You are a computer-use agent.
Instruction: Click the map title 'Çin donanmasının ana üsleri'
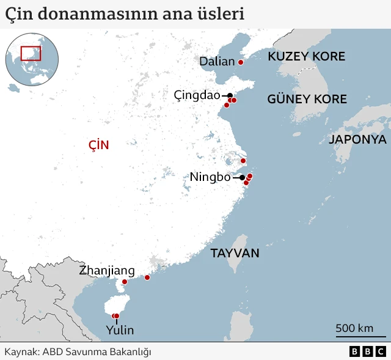click(x=125, y=13)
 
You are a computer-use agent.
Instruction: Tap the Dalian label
click(x=217, y=61)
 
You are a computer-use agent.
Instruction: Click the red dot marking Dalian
click(x=241, y=62)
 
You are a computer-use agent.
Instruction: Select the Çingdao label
click(x=197, y=95)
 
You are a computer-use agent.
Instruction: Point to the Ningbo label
click(x=210, y=177)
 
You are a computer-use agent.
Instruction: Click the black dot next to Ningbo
click(x=242, y=177)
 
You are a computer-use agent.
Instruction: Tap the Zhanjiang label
click(x=107, y=270)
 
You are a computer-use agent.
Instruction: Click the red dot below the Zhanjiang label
click(x=125, y=282)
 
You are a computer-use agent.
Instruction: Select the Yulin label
click(x=119, y=331)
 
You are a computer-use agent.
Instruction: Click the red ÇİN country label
click(x=98, y=145)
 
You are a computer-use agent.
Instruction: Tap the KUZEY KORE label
click(x=306, y=57)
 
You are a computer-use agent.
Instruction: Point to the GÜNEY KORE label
click(x=307, y=99)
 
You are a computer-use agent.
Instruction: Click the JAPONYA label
click(x=357, y=139)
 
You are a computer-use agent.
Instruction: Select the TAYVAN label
click(x=235, y=253)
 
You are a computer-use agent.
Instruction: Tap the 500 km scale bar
click(x=354, y=334)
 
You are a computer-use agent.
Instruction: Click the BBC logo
click(x=368, y=351)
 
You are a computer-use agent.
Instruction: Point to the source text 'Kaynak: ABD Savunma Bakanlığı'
click(x=78, y=351)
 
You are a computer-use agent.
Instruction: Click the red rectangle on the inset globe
click(x=31, y=53)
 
